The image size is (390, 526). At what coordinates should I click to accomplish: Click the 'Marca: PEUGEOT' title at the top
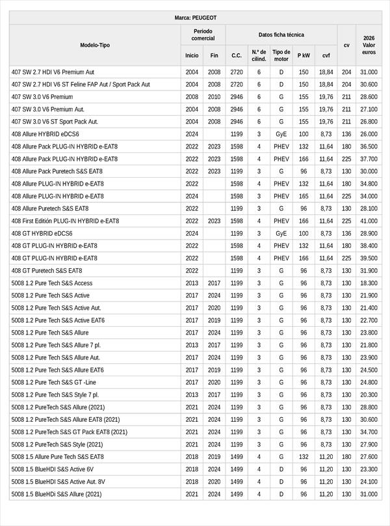tap(196, 18)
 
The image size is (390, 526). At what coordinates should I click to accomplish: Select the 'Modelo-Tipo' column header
tap(95, 45)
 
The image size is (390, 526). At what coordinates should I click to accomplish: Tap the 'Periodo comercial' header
tap(203, 35)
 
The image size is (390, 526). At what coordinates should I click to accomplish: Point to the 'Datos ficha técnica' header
tap(281, 35)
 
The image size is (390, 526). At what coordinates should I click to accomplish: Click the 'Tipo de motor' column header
tap(281, 55)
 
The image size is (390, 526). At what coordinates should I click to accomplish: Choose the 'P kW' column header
tap(304, 55)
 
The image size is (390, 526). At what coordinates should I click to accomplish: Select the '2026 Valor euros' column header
tap(369, 45)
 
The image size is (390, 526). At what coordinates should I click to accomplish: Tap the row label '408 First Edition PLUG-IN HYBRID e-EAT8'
tap(65, 221)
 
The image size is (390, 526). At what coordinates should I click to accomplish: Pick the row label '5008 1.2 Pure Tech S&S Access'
tap(52, 283)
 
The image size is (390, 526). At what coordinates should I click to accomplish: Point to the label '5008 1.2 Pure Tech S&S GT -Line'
tap(54, 382)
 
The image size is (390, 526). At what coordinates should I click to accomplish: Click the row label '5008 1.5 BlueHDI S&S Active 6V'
tap(53, 469)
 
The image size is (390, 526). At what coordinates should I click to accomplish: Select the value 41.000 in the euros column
tap(369, 221)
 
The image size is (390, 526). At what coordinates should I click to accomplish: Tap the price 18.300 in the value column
tap(369, 283)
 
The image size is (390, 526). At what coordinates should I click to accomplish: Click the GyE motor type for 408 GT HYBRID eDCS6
tap(281, 233)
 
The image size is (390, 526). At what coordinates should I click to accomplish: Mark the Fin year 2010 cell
tap(214, 97)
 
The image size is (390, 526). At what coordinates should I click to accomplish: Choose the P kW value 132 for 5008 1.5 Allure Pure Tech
tap(304, 457)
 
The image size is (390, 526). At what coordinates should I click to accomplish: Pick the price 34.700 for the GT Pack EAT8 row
tap(369, 432)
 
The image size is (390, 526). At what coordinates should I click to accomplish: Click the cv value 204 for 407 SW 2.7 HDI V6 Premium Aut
tap(346, 72)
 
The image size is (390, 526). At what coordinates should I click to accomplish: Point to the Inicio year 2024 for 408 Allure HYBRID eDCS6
tap(192, 134)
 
